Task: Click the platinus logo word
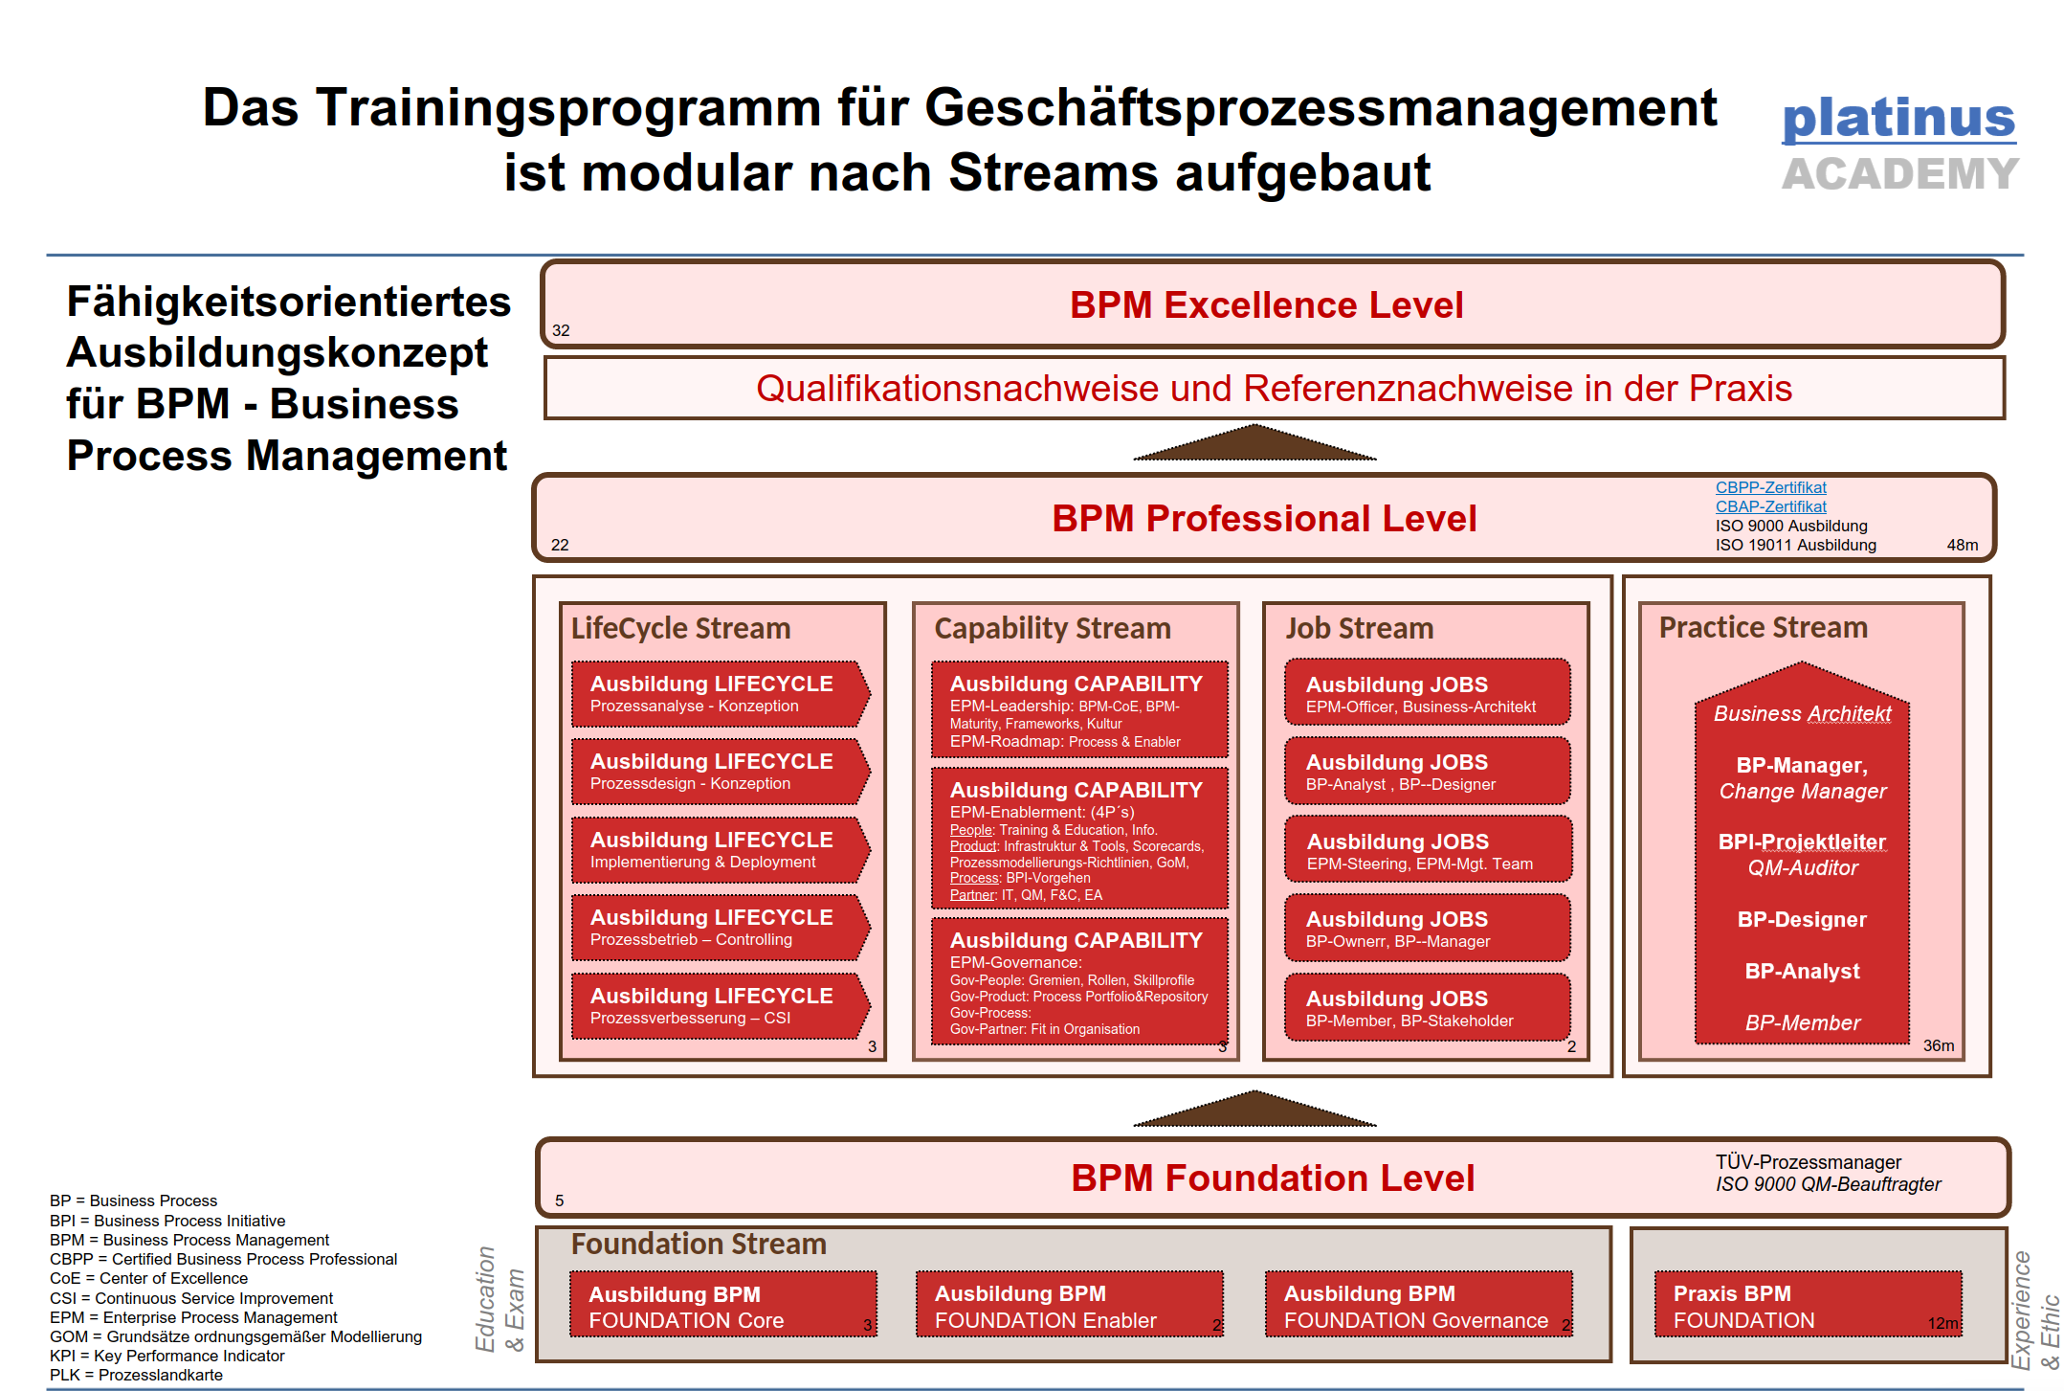[1898, 119]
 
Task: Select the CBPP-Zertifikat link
[1770, 487]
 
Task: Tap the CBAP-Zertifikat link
[1770, 506]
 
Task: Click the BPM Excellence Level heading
[1266, 305]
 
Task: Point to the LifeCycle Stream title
[680, 628]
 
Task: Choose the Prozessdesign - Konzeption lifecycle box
[718, 772]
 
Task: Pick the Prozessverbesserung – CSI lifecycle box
[718, 1006]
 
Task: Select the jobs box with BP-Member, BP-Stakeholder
[1426, 1008]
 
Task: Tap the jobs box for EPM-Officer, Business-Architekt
[1426, 694]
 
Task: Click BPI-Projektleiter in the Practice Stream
[1802, 841]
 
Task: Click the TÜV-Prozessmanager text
[1808, 1162]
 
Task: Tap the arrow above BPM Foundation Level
[1254, 1111]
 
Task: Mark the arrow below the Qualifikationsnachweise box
[1254, 444]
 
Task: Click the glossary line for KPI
[167, 1356]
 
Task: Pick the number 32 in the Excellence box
[561, 330]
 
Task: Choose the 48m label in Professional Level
[1962, 545]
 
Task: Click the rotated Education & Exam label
[499, 1298]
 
